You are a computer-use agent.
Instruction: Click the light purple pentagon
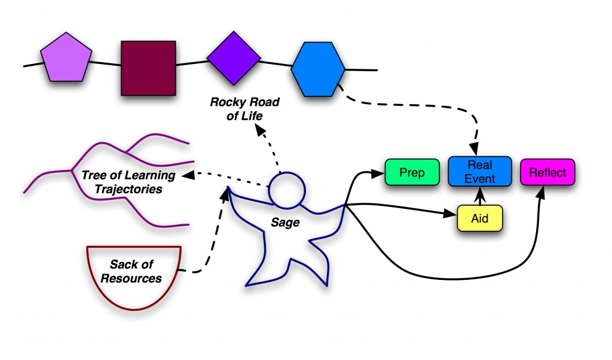click(x=66, y=58)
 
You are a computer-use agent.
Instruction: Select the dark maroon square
click(x=148, y=68)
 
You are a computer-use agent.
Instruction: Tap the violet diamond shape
click(x=234, y=58)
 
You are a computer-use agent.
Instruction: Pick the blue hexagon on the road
click(x=318, y=69)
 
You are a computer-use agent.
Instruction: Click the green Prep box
click(x=412, y=172)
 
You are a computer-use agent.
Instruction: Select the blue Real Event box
click(x=480, y=172)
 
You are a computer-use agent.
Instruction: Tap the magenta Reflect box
click(x=547, y=172)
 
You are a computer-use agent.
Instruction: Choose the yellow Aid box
click(x=480, y=218)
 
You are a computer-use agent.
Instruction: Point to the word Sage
click(x=285, y=222)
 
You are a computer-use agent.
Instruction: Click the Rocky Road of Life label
click(x=244, y=109)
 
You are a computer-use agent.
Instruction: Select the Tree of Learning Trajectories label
click(x=128, y=182)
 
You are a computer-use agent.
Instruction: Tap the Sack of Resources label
click(x=131, y=271)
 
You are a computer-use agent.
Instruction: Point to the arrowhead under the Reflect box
click(x=541, y=192)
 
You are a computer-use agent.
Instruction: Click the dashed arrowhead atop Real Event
click(x=474, y=149)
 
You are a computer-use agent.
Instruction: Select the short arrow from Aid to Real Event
click(x=480, y=196)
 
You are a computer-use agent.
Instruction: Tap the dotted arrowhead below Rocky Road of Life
click(x=261, y=130)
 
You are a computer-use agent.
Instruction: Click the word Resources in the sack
click(x=131, y=279)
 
